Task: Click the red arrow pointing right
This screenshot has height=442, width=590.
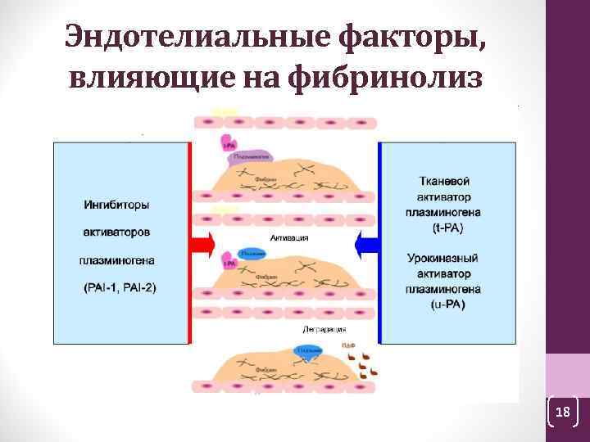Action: pyautogui.click(x=201, y=243)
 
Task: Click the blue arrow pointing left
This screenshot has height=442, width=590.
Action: pyautogui.click(x=366, y=243)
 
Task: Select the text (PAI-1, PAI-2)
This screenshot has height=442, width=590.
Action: pyautogui.click(x=121, y=287)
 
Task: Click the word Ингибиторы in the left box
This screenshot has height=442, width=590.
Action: pyautogui.click(x=121, y=204)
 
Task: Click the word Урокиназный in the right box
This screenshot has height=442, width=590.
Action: pyautogui.click(x=442, y=258)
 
